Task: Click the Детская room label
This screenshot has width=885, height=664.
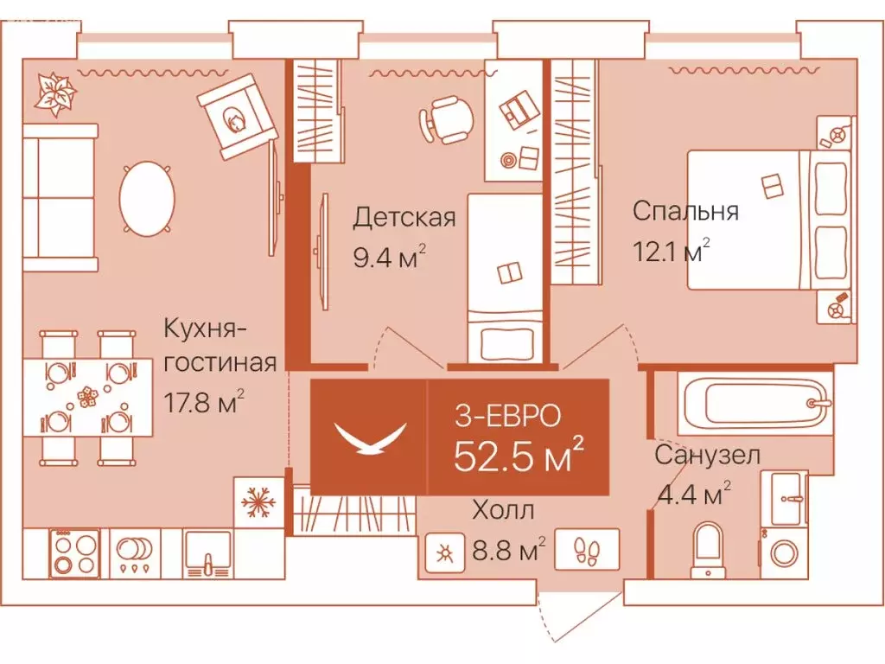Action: [404, 216]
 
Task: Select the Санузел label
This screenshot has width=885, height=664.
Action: [707, 456]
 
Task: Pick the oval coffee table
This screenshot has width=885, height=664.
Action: [146, 199]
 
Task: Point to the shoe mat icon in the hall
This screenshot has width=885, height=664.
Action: [588, 550]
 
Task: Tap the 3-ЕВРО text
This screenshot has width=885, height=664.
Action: [508, 416]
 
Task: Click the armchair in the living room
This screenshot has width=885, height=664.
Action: [239, 116]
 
